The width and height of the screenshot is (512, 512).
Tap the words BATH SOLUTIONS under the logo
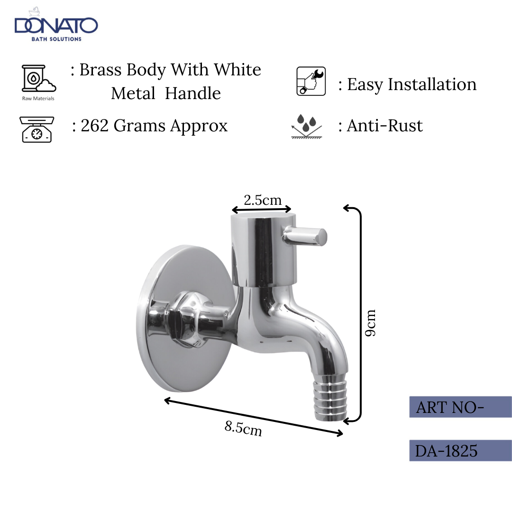pyautogui.click(x=56, y=39)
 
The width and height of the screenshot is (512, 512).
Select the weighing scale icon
pyautogui.click(x=37, y=129)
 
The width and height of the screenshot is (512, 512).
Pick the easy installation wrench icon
pyautogui.click(x=311, y=81)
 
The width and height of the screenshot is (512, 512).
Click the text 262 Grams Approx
pyautogui.click(x=150, y=126)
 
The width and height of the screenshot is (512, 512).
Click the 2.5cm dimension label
pyautogui.click(x=262, y=200)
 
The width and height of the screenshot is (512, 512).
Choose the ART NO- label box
pyautogui.click(x=460, y=407)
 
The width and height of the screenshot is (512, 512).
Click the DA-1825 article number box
pyautogui.click(x=460, y=450)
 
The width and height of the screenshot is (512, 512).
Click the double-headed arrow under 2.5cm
pyautogui.click(x=261, y=209)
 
